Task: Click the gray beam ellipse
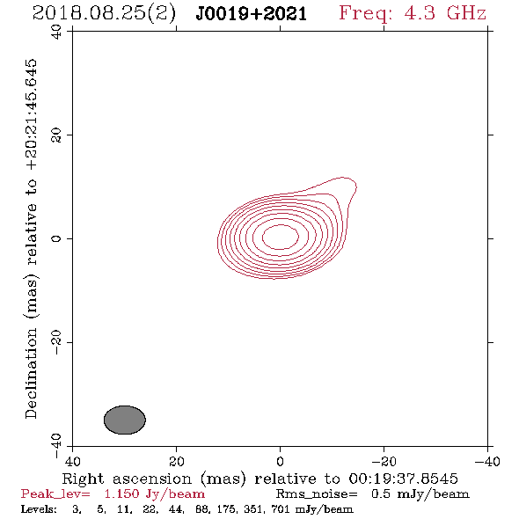[x=125, y=420]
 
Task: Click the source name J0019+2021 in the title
[x=252, y=14]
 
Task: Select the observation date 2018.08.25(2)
[x=104, y=14]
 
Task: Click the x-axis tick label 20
[x=176, y=461]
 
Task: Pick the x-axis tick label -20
[x=384, y=461]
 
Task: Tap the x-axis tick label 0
[x=280, y=461]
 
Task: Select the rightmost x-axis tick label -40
[x=487, y=461]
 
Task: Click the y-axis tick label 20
[x=56, y=135]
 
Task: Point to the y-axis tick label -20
[x=56, y=342]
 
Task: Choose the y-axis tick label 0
[x=56, y=238]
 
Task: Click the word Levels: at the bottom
[x=39, y=509]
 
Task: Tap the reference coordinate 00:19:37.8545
[x=403, y=479]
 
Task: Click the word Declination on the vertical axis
[x=31, y=373]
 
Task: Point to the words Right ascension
[x=127, y=479]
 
